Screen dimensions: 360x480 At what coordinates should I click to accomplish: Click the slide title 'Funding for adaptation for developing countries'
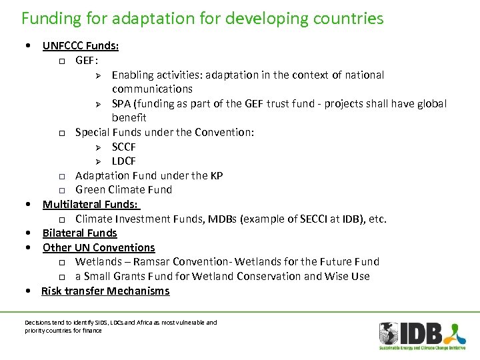click(203, 18)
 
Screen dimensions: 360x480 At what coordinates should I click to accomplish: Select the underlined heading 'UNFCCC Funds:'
click(81, 46)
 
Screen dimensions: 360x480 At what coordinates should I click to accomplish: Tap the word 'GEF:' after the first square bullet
click(87, 61)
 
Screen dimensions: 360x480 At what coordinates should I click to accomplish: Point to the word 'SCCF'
click(124, 147)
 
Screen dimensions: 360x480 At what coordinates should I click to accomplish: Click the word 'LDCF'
click(124, 161)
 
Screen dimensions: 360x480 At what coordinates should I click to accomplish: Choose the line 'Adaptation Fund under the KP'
click(149, 175)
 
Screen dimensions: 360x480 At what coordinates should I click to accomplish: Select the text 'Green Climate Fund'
click(124, 189)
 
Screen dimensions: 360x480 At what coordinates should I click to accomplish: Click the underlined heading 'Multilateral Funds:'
click(91, 205)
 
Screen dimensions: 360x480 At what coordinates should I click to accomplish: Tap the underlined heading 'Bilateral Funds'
click(80, 233)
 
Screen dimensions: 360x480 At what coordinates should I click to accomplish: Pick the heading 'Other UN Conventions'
click(99, 247)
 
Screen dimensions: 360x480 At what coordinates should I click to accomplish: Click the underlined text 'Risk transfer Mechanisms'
click(105, 291)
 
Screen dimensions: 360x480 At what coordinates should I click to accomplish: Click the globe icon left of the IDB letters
click(389, 333)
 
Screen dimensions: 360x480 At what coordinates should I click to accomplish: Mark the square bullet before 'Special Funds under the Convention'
click(61, 133)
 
